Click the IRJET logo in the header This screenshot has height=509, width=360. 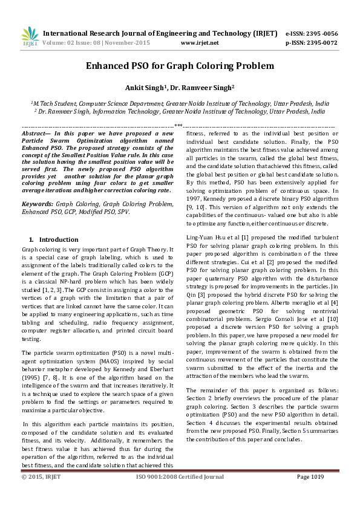pos(30,37)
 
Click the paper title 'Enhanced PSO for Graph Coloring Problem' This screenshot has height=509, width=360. pos(180,66)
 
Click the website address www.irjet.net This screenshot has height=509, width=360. pos(199,44)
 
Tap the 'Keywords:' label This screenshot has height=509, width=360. pos(38,204)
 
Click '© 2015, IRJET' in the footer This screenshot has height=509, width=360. pos(41,494)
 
